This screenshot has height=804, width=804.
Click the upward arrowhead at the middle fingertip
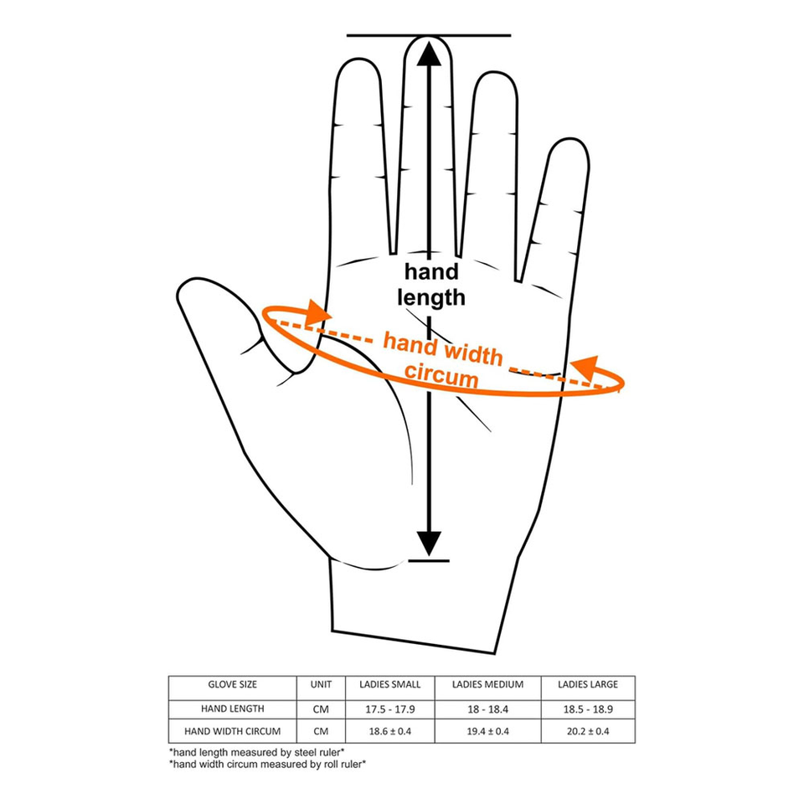(x=429, y=54)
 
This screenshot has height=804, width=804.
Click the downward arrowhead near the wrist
(x=429, y=544)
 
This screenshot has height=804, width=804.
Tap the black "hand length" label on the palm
(x=432, y=284)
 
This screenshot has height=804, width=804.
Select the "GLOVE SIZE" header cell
(x=233, y=685)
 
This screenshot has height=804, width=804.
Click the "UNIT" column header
(x=322, y=685)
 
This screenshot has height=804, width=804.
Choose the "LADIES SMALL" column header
(x=390, y=685)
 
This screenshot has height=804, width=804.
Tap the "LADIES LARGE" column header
(x=587, y=685)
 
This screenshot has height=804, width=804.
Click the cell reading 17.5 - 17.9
(x=390, y=709)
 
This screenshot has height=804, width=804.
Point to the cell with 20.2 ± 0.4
(x=587, y=731)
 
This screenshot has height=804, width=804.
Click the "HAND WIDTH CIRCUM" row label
(x=233, y=731)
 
